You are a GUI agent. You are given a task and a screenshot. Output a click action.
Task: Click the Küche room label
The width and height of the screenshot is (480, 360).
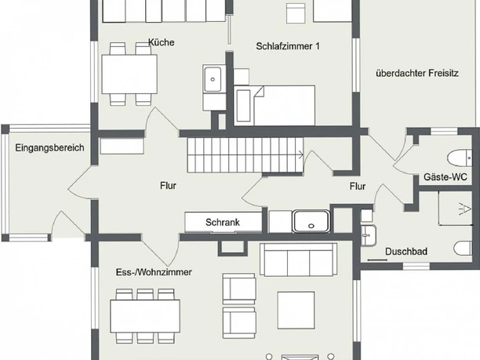[x=160, y=42]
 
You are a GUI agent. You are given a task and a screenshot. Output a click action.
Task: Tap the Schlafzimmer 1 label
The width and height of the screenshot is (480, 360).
[x=288, y=46]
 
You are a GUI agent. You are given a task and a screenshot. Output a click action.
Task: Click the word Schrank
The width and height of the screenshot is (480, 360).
[x=222, y=222]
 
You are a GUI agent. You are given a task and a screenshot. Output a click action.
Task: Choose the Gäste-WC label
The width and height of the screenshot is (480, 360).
[x=445, y=177]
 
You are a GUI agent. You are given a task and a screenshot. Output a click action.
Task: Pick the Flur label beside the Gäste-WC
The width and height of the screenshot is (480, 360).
[x=358, y=186]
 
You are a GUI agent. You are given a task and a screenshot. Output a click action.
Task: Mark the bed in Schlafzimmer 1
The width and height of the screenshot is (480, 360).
[x=275, y=105]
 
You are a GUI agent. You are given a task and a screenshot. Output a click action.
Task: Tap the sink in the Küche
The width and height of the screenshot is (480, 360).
[x=213, y=78]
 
